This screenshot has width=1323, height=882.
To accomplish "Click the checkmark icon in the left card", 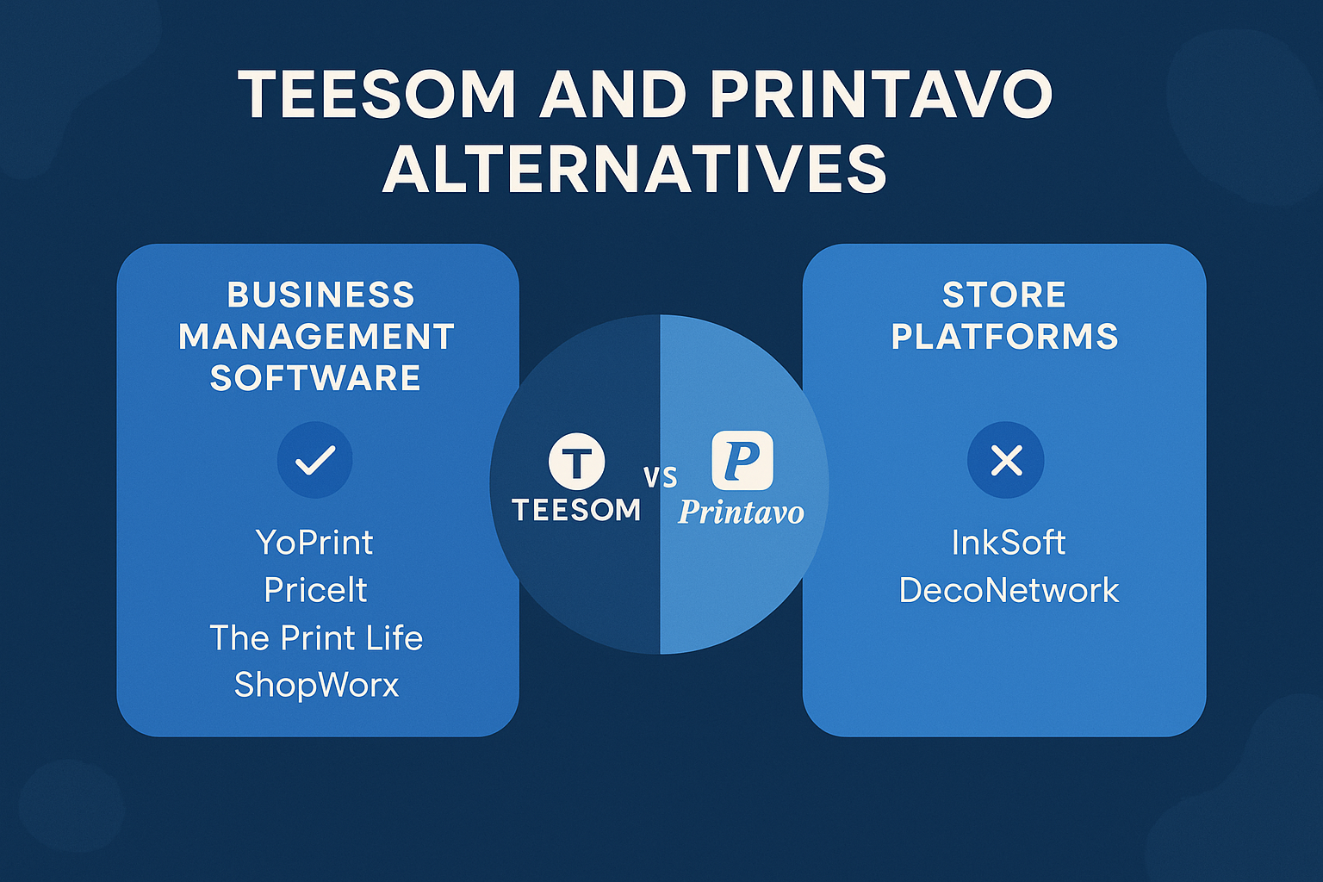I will [x=314, y=460].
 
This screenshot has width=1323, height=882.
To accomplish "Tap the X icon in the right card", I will [x=1006, y=460].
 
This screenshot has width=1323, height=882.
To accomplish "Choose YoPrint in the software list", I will [x=314, y=543].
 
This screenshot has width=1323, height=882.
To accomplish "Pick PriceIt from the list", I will [x=315, y=590].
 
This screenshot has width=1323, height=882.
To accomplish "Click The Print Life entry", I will [x=316, y=638].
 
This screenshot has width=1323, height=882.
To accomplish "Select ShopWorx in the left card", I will [x=316, y=685].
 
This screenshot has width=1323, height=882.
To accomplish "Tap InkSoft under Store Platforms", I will [x=1008, y=543].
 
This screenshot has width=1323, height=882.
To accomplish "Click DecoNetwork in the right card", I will [x=1009, y=591].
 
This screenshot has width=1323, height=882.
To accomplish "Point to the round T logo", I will [x=576, y=461].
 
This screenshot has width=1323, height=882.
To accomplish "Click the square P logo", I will [x=742, y=461].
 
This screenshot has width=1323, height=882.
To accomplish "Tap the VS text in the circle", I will [x=661, y=477].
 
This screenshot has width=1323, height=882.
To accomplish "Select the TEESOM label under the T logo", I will [x=576, y=510].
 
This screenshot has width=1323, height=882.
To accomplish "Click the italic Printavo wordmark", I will [x=741, y=512].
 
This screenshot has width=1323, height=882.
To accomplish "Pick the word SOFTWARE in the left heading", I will [x=315, y=378].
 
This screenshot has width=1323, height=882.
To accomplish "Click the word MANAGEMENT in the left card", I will [x=316, y=337].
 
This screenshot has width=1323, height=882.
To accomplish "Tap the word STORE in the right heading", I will [x=1004, y=295].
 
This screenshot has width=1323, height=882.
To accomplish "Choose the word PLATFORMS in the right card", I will [x=1004, y=337].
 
